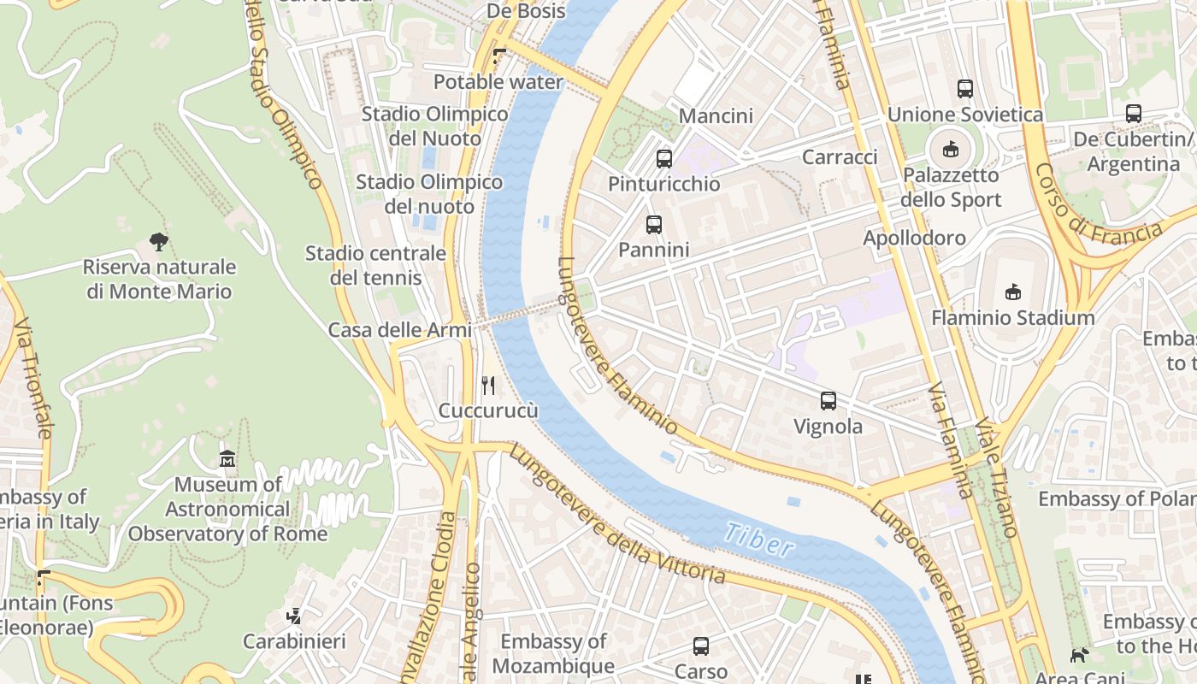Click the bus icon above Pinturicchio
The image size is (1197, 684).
point(664,158)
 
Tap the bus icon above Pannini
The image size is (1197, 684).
point(654,225)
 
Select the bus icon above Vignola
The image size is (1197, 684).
point(828,400)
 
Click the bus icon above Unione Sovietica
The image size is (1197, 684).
point(965,88)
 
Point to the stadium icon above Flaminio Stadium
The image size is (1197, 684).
point(1013,292)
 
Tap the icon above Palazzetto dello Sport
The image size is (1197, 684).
point(950,150)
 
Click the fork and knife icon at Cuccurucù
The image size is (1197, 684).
point(488,385)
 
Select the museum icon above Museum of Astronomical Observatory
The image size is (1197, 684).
point(227,459)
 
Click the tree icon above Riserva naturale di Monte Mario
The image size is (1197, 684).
point(158,241)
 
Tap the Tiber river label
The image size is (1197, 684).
point(758,539)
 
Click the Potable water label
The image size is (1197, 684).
point(498,82)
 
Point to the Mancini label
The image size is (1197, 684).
point(716,115)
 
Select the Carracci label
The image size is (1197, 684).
point(840,156)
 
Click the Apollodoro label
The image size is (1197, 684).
point(914,238)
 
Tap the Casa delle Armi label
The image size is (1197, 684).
point(399,330)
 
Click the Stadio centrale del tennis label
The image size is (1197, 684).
point(376,265)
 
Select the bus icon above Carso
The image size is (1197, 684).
point(701,646)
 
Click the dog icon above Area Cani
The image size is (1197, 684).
point(1080,656)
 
